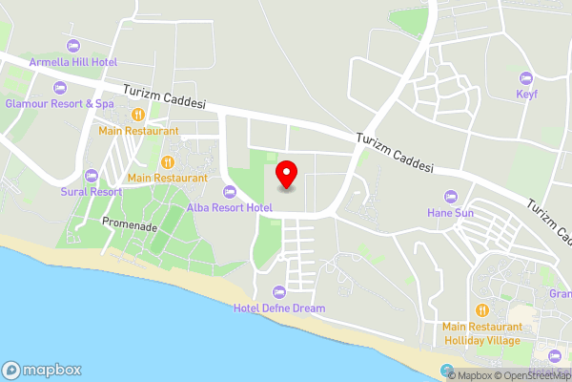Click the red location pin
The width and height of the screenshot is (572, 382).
(286, 175)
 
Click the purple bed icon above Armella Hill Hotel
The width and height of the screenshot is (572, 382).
(73, 47)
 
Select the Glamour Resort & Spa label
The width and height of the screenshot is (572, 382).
(59, 103)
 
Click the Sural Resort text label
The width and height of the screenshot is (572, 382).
(92, 191)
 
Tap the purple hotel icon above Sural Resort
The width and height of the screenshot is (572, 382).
(92, 176)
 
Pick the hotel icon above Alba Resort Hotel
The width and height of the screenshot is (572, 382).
(230, 192)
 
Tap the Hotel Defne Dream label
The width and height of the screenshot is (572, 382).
(279, 308)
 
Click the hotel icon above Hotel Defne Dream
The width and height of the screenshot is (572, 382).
(279, 292)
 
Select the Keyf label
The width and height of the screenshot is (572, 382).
(526, 95)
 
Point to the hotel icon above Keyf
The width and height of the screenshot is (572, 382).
(525, 78)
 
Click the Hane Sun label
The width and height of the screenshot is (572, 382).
(450, 213)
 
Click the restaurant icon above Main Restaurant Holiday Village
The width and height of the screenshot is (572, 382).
(481, 310)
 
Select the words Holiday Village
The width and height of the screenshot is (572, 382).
(482, 341)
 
